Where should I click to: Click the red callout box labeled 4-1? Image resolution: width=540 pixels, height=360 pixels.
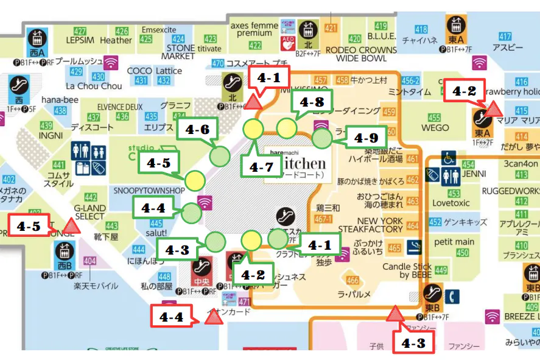click(x=268, y=78)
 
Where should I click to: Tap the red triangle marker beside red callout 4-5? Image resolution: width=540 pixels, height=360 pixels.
click(x=72, y=228)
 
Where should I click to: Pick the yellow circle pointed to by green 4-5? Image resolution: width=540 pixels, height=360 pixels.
click(x=195, y=180)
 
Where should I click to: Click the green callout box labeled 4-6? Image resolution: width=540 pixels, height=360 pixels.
click(x=198, y=130)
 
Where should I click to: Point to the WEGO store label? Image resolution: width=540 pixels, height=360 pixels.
click(x=435, y=128)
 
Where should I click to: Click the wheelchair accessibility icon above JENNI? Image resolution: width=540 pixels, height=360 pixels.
click(x=449, y=158)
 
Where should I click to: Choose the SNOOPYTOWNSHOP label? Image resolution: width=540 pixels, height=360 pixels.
click(x=149, y=191)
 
